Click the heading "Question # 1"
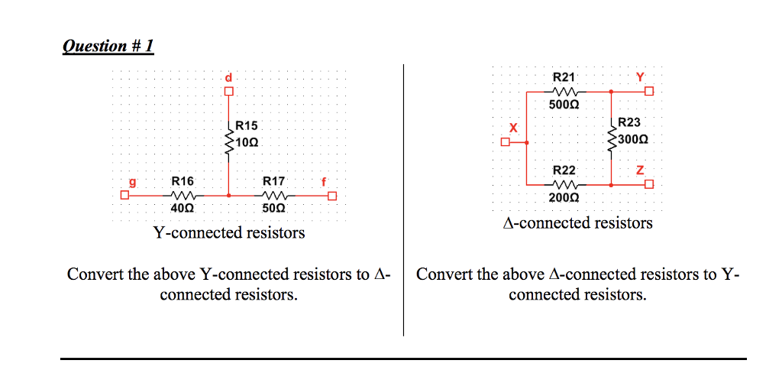(108, 46)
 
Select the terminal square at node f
(331, 195)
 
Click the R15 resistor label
(247, 125)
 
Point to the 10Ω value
(247, 142)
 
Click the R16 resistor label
(183, 181)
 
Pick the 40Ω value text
(183, 208)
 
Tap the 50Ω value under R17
(273, 208)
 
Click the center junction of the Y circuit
(228, 195)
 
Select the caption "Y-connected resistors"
(229, 232)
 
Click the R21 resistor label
(564, 77)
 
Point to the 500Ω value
(564, 105)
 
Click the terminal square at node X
(505, 141)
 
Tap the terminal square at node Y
(648, 92)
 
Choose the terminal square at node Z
(648, 184)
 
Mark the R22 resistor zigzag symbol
(564, 184)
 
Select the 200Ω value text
(564, 197)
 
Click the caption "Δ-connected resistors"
(578, 223)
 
